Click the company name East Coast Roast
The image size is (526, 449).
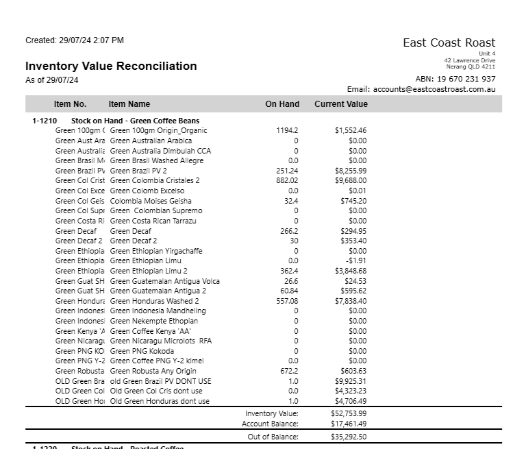449,43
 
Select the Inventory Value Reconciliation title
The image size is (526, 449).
111,66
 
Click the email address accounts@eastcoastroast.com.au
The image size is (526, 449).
434,89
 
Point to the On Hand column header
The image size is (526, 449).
282,104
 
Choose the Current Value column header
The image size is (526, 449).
340,104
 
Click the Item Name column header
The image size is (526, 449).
129,104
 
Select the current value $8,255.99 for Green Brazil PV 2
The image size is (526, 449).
351,171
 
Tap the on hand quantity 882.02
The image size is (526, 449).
287,181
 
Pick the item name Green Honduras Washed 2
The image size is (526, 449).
154,301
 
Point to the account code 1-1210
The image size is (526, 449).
45,121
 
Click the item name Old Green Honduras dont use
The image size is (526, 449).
160,401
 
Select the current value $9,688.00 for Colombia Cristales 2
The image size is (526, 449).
351,181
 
